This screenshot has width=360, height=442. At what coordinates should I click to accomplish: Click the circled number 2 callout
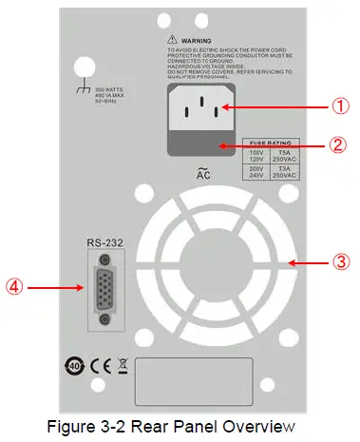coord(315,147)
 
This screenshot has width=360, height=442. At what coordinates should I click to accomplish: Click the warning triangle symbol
coord(169,40)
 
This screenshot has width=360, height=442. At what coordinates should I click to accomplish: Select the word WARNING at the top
coord(197,41)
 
